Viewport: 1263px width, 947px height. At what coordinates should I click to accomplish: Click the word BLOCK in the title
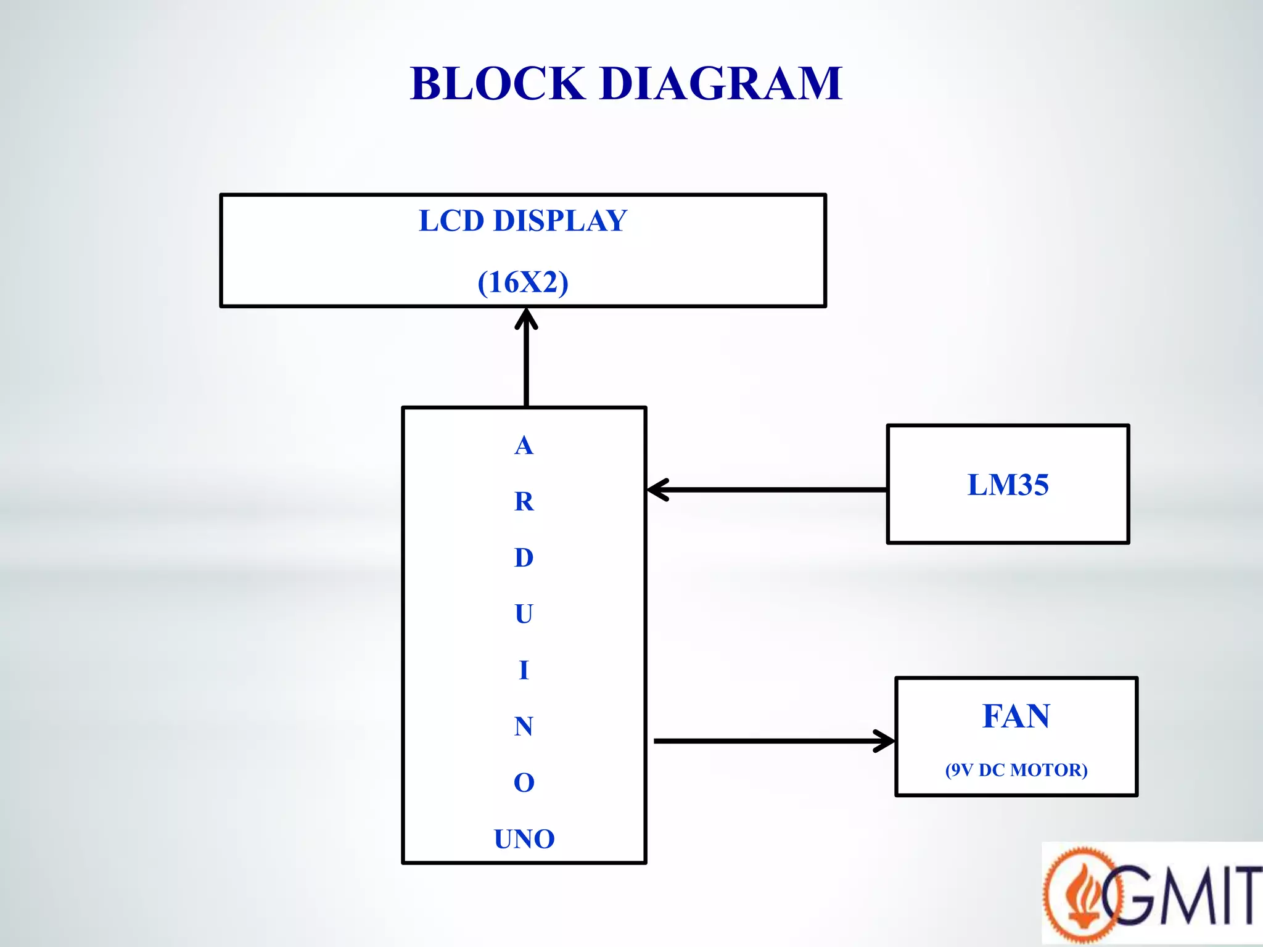tap(497, 84)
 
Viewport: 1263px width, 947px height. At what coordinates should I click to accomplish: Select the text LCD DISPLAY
tap(523, 221)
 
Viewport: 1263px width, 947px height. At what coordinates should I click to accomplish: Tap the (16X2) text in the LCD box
tap(523, 282)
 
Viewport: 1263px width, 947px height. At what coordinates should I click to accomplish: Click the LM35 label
tap(1008, 485)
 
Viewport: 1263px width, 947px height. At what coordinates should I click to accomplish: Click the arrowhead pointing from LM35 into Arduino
tap(657, 490)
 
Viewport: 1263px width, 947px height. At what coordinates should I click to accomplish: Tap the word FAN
tap(1016, 716)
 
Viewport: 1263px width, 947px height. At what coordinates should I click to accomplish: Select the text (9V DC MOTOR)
tap(1016, 770)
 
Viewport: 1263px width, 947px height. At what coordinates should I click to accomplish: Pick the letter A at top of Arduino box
tap(524, 445)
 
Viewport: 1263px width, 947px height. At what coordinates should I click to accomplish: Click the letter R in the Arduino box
tap(524, 501)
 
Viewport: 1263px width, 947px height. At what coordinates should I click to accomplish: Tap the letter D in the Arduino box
tap(524, 557)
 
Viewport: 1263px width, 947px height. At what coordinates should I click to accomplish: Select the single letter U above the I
tap(524, 614)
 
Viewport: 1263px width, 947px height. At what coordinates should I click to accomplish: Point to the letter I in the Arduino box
tap(524, 670)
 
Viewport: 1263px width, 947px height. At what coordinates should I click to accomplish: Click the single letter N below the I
tap(524, 726)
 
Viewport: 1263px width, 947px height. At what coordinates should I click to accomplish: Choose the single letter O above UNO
tap(524, 783)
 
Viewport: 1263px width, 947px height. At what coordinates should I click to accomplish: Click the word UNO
tap(524, 839)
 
